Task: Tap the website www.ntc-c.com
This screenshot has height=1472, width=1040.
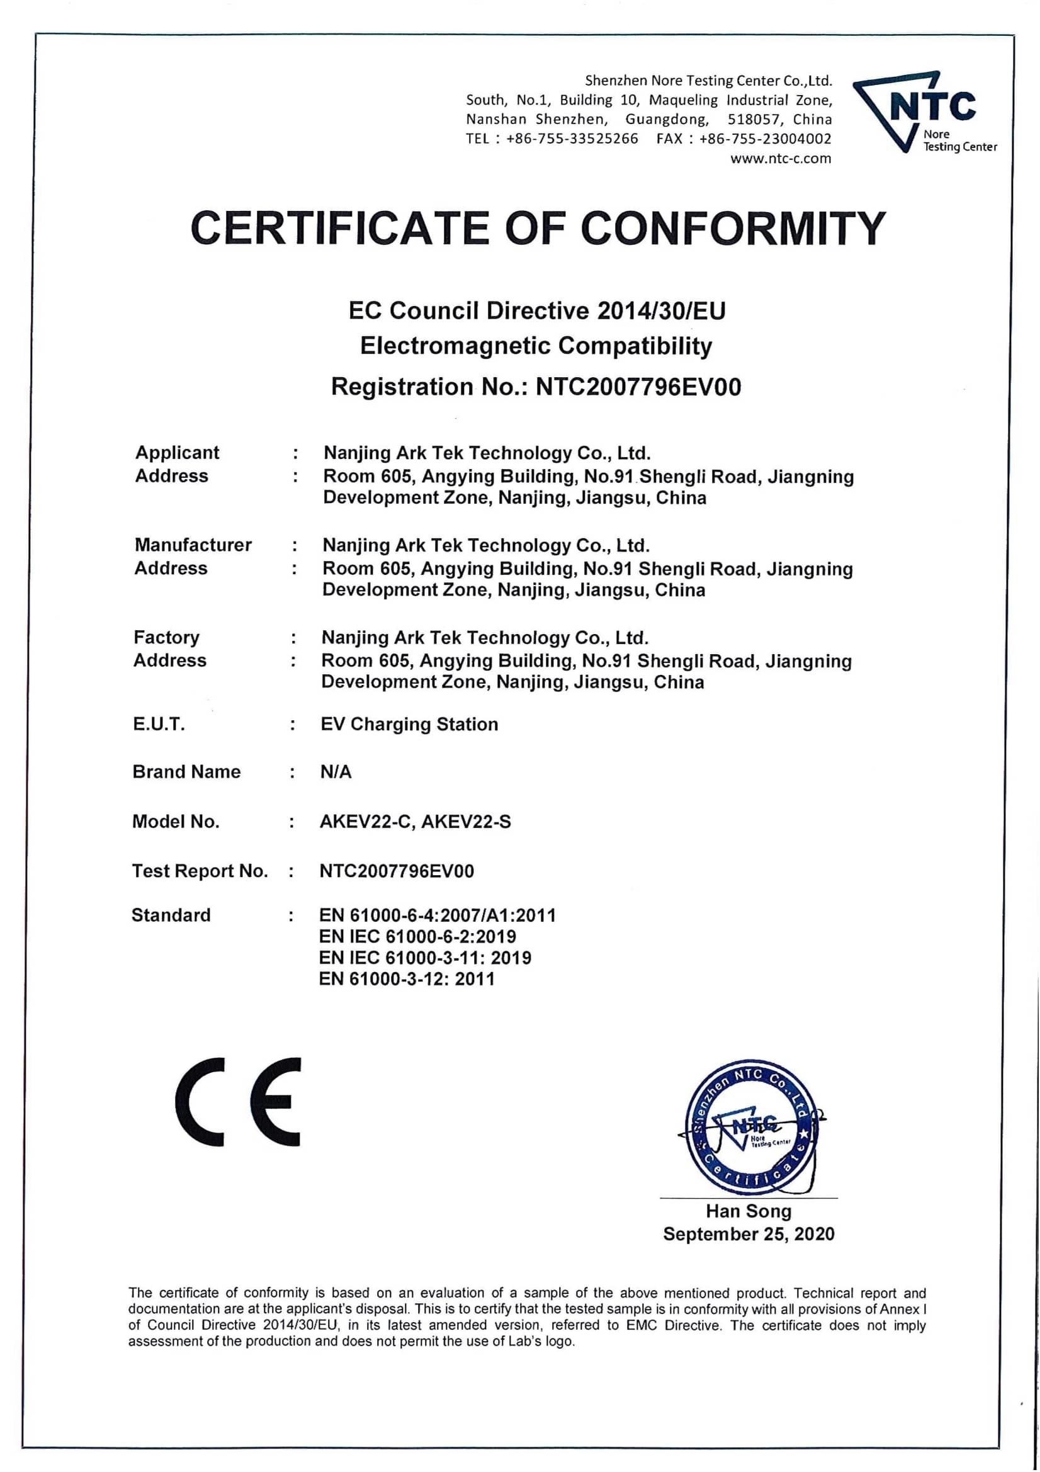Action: click(x=781, y=159)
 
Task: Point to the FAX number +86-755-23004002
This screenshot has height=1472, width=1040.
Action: click(x=765, y=139)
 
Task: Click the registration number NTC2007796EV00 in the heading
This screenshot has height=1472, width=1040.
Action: click(x=638, y=387)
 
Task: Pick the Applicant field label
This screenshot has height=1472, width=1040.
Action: click(x=177, y=453)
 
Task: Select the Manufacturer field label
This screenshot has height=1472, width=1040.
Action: click(x=193, y=545)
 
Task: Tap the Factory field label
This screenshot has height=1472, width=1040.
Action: click(x=167, y=637)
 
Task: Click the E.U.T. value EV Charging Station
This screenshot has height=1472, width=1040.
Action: click(x=409, y=725)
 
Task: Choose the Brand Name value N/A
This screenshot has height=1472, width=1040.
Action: click(x=336, y=772)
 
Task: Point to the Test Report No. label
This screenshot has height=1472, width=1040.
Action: click(x=200, y=871)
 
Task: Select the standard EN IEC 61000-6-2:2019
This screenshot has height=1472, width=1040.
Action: click(x=417, y=937)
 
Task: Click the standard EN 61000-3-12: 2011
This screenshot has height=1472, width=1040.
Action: click(x=407, y=979)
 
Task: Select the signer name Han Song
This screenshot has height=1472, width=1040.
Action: click(x=749, y=1211)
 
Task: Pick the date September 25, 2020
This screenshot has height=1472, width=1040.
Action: click(x=749, y=1234)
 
